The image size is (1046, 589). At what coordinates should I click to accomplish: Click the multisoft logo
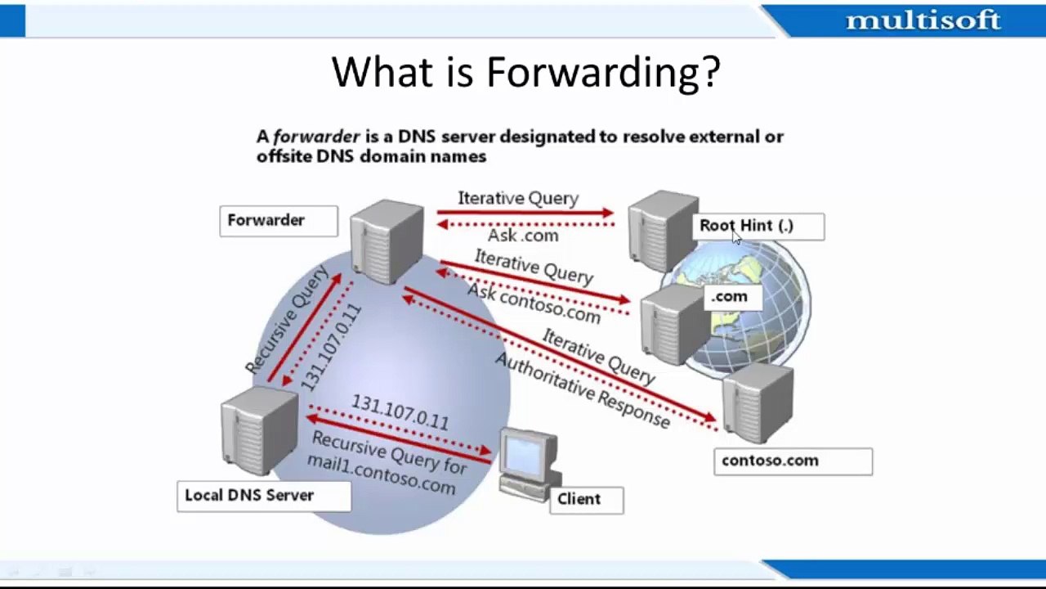[x=923, y=20]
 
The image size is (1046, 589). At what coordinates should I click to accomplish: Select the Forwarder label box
[x=278, y=221]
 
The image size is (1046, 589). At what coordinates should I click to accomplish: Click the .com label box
[x=731, y=297]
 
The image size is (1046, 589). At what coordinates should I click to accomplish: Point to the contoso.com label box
[x=792, y=461]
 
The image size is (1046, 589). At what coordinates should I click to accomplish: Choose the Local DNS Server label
[x=263, y=496]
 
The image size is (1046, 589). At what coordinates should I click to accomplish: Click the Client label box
[x=586, y=500]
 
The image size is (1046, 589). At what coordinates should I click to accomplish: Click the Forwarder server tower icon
[x=387, y=240]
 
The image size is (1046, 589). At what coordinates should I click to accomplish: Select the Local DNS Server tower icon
[x=258, y=431]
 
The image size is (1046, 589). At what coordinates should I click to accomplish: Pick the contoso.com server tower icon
[x=757, y=402]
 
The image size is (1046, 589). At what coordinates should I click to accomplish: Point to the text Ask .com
[x=523, y=236]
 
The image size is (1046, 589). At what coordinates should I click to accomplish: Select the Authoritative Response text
[x=582, y=391]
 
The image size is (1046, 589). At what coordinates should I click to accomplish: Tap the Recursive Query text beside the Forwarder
[x=287, y=320]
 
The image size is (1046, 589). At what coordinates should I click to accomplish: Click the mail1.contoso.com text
[x=381, y=473]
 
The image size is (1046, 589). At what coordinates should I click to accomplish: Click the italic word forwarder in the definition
[x=316, y=137]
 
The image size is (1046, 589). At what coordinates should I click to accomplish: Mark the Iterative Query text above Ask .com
[x=518, y=199]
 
